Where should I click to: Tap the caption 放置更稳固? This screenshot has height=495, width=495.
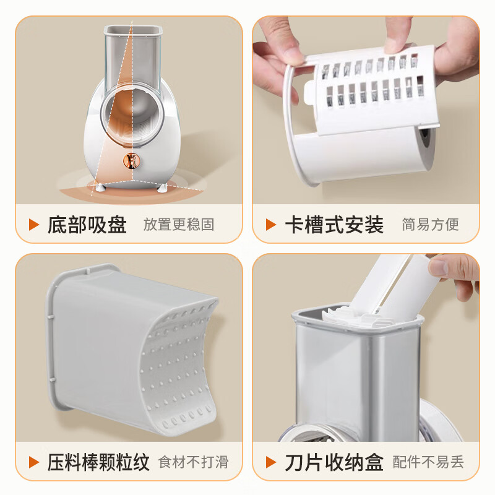pyautogui.click(x=179, y=224)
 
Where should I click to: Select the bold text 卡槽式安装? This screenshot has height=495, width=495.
pyautogui.click(x=334, y=224)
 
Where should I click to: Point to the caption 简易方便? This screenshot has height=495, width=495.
pyautogui.click(x=430, y=224)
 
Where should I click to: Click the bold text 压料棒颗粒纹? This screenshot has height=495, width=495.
pyautogui.click(x=98, y=462)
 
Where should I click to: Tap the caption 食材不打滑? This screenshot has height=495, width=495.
pyautogui.click(x=194, y=462)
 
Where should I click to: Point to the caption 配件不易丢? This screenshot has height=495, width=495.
pyautogui.click(x=428, y=462)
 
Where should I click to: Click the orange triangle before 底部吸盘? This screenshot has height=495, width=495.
pyautogui.click(x=34, y=224)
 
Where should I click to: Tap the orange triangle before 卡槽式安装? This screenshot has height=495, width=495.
pyautogui.click(x=271, y=224)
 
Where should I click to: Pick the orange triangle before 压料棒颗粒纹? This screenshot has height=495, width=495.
pyautogui.click(x=34, y=462)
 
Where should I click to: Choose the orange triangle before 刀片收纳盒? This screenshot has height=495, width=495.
pyautogui.click(x=271, y=462)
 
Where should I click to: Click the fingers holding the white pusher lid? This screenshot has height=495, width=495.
pyautogui.click(x=455, y=272)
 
